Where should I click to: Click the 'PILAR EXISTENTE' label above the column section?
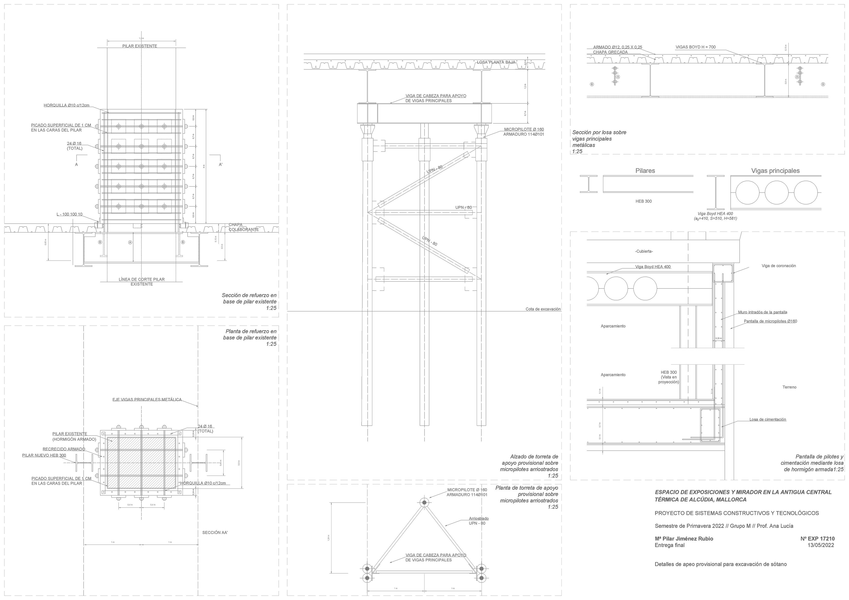[139, 46]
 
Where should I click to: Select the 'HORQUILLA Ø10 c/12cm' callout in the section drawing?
[67, 105]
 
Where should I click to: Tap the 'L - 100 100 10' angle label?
[69, 214]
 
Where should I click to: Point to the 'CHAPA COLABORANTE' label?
[243, 227]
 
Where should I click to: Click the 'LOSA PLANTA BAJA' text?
[496, 62]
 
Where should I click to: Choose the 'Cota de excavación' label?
[543, 309]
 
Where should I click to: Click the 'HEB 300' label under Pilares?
[643, 201]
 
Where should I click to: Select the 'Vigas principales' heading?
[775, 171]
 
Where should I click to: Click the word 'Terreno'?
[789, 387]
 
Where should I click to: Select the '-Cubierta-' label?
[644, 251]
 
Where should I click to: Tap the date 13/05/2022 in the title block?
[821, 545]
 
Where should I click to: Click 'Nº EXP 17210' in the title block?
[817, 539]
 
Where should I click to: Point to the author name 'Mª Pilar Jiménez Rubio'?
[684, 539]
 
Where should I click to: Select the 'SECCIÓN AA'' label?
[215, 533]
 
